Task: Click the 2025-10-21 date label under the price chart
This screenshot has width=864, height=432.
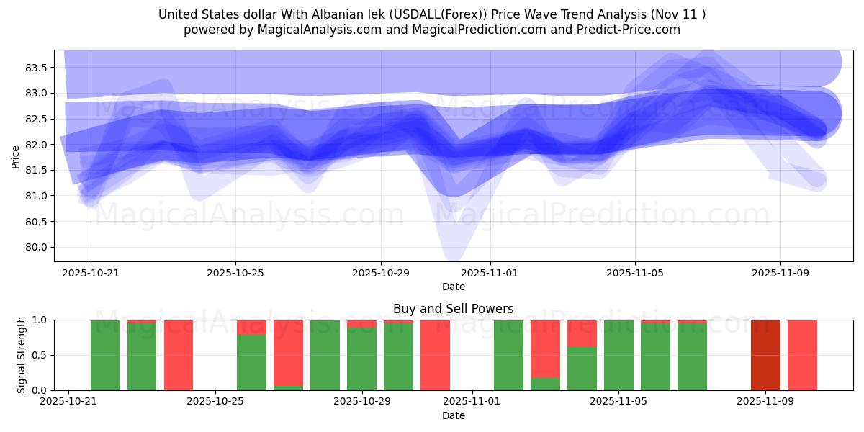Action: point(90,274)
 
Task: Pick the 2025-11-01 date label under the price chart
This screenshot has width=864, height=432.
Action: point(490,274)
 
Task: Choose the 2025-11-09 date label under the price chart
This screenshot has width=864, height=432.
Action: point(780,274)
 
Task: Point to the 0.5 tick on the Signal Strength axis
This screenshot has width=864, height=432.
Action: point(40,355)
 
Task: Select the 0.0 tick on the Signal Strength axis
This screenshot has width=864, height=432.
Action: point(40,390)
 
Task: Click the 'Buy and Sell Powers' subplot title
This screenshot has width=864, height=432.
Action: point(453,309)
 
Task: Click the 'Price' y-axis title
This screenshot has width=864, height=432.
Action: point(16,156)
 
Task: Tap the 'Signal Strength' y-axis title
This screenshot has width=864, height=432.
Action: point(22,355)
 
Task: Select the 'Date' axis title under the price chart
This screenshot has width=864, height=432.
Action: point(453,287)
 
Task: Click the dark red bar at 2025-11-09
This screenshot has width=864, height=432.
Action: point(765,355)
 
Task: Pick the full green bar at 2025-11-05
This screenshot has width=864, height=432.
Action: point(618,355)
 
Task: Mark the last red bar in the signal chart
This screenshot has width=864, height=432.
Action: point(802,355)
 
